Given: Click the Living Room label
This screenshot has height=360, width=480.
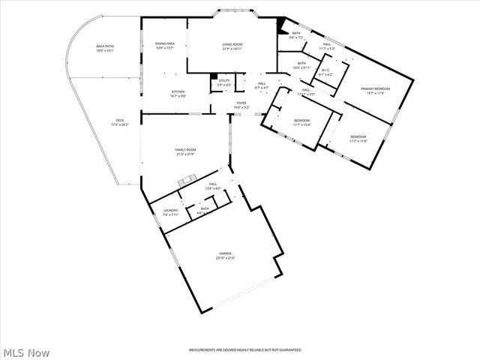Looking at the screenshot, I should pos(232,46).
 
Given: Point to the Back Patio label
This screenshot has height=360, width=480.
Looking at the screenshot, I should pos(105,49).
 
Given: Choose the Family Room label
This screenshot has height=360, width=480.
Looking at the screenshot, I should pos(185,152).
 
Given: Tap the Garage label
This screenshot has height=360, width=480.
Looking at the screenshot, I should pos(226,256).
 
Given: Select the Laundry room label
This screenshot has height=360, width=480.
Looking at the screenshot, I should pos(171,213).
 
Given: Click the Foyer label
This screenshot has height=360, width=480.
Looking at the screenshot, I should pos(241,105).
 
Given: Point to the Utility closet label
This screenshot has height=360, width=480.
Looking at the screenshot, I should pos(224,82).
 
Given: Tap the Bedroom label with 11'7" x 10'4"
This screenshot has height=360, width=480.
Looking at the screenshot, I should pos(301,122).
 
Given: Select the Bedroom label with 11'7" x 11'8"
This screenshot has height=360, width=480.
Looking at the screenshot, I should pos(358,139).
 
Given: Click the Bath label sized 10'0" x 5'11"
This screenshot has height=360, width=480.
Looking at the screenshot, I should pos(301,65).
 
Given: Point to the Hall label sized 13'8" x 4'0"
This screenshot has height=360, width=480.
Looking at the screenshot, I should pos(213,186).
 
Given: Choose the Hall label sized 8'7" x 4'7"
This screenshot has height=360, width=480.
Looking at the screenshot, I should pos(262,85).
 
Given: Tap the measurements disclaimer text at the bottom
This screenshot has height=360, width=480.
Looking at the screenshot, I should pos(244,350).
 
